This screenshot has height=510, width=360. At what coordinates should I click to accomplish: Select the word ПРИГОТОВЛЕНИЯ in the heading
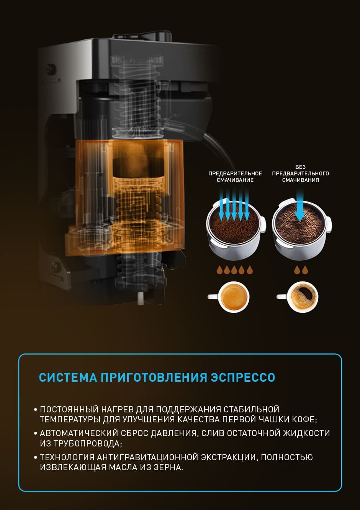[154, 377]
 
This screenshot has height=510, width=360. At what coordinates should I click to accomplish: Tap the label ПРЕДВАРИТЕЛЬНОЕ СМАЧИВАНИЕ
[235, 177]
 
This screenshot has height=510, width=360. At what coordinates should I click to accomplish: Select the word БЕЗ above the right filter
[300, 167]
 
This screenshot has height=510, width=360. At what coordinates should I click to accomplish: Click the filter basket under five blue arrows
[236, 229]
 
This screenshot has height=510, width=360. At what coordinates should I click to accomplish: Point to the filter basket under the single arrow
[302, 229]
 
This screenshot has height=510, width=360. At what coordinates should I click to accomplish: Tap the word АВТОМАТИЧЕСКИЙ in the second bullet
[79, 433]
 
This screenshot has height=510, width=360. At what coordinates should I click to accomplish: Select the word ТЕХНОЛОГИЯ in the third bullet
[67, 457]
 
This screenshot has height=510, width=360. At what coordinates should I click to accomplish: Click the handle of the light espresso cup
[213, 297]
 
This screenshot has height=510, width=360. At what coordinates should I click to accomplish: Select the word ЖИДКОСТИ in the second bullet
[306, 433]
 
